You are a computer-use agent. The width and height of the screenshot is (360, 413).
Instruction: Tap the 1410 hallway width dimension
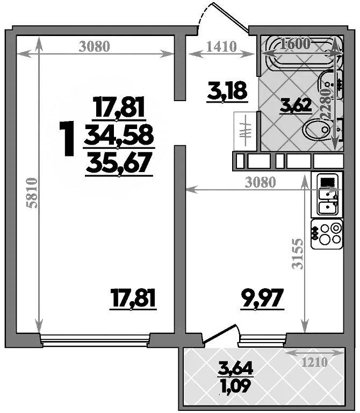221,46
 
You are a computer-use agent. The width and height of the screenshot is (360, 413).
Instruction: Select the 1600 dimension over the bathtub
295,44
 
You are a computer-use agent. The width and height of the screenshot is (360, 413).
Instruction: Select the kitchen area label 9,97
261,297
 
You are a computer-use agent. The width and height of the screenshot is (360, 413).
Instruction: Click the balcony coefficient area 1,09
235,385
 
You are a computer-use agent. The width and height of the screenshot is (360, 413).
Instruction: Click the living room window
95,338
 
